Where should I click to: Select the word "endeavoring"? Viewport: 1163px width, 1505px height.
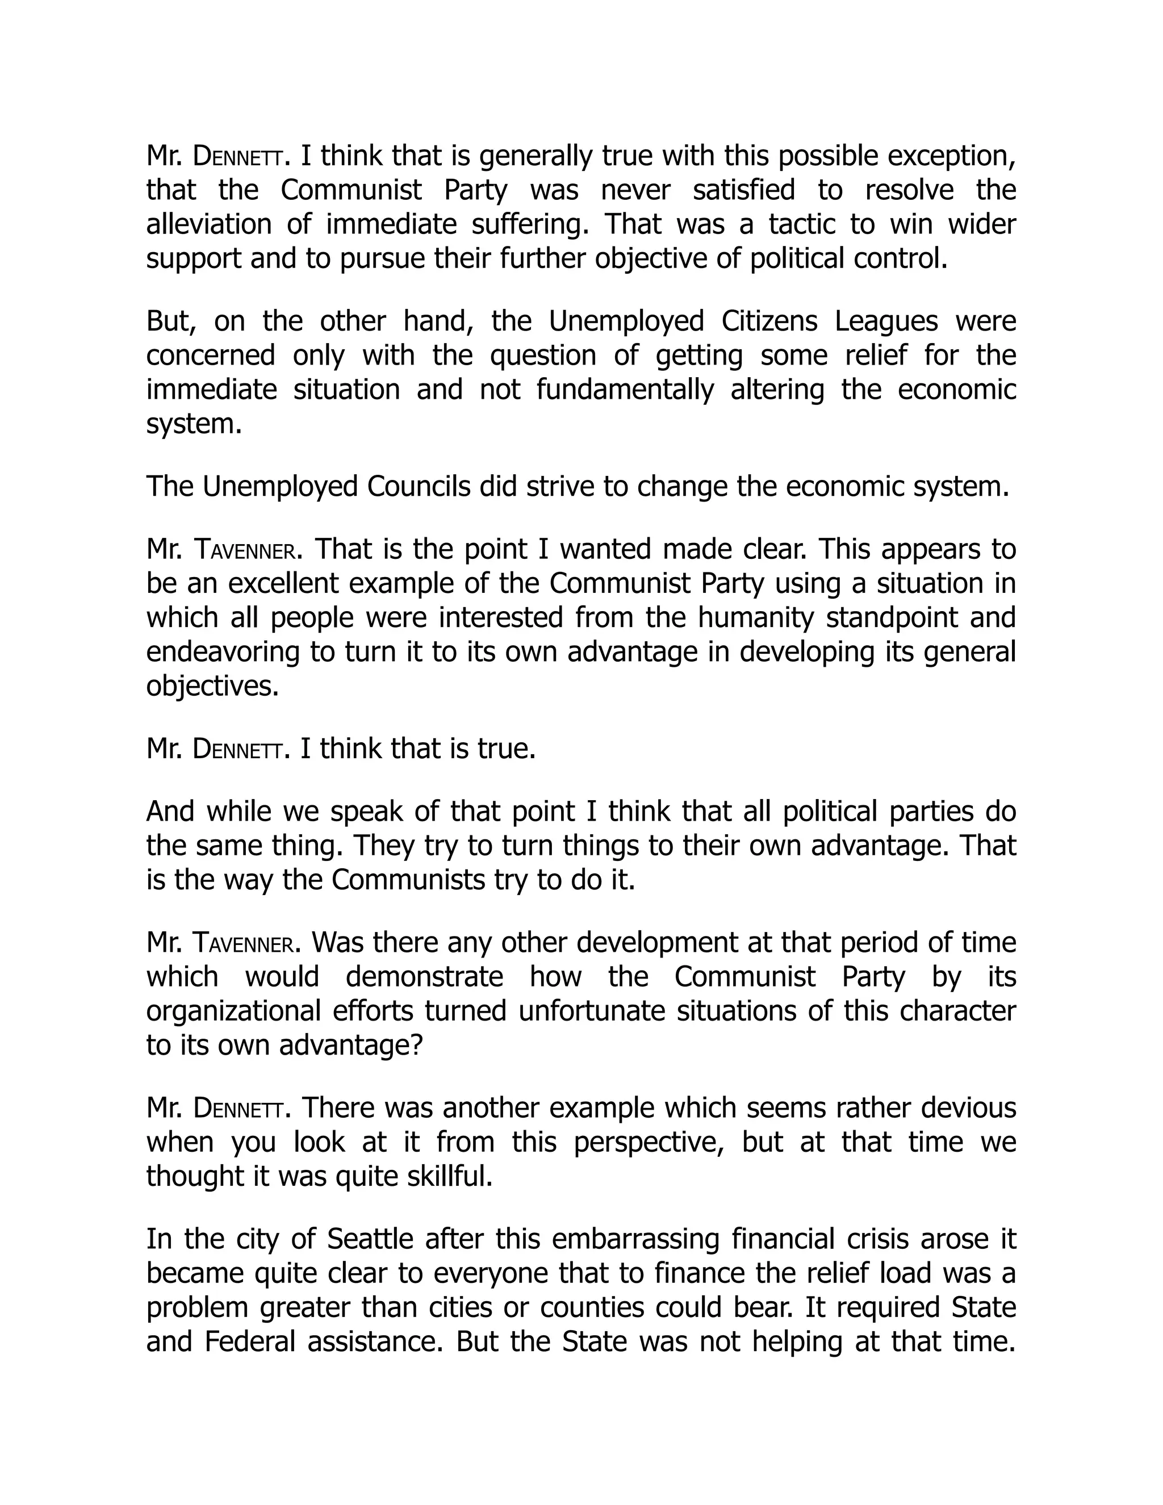click(223, 652)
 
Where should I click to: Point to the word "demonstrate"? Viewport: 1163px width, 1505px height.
click(424, 977)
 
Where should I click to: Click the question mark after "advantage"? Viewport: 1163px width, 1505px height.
click(415, 1046)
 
